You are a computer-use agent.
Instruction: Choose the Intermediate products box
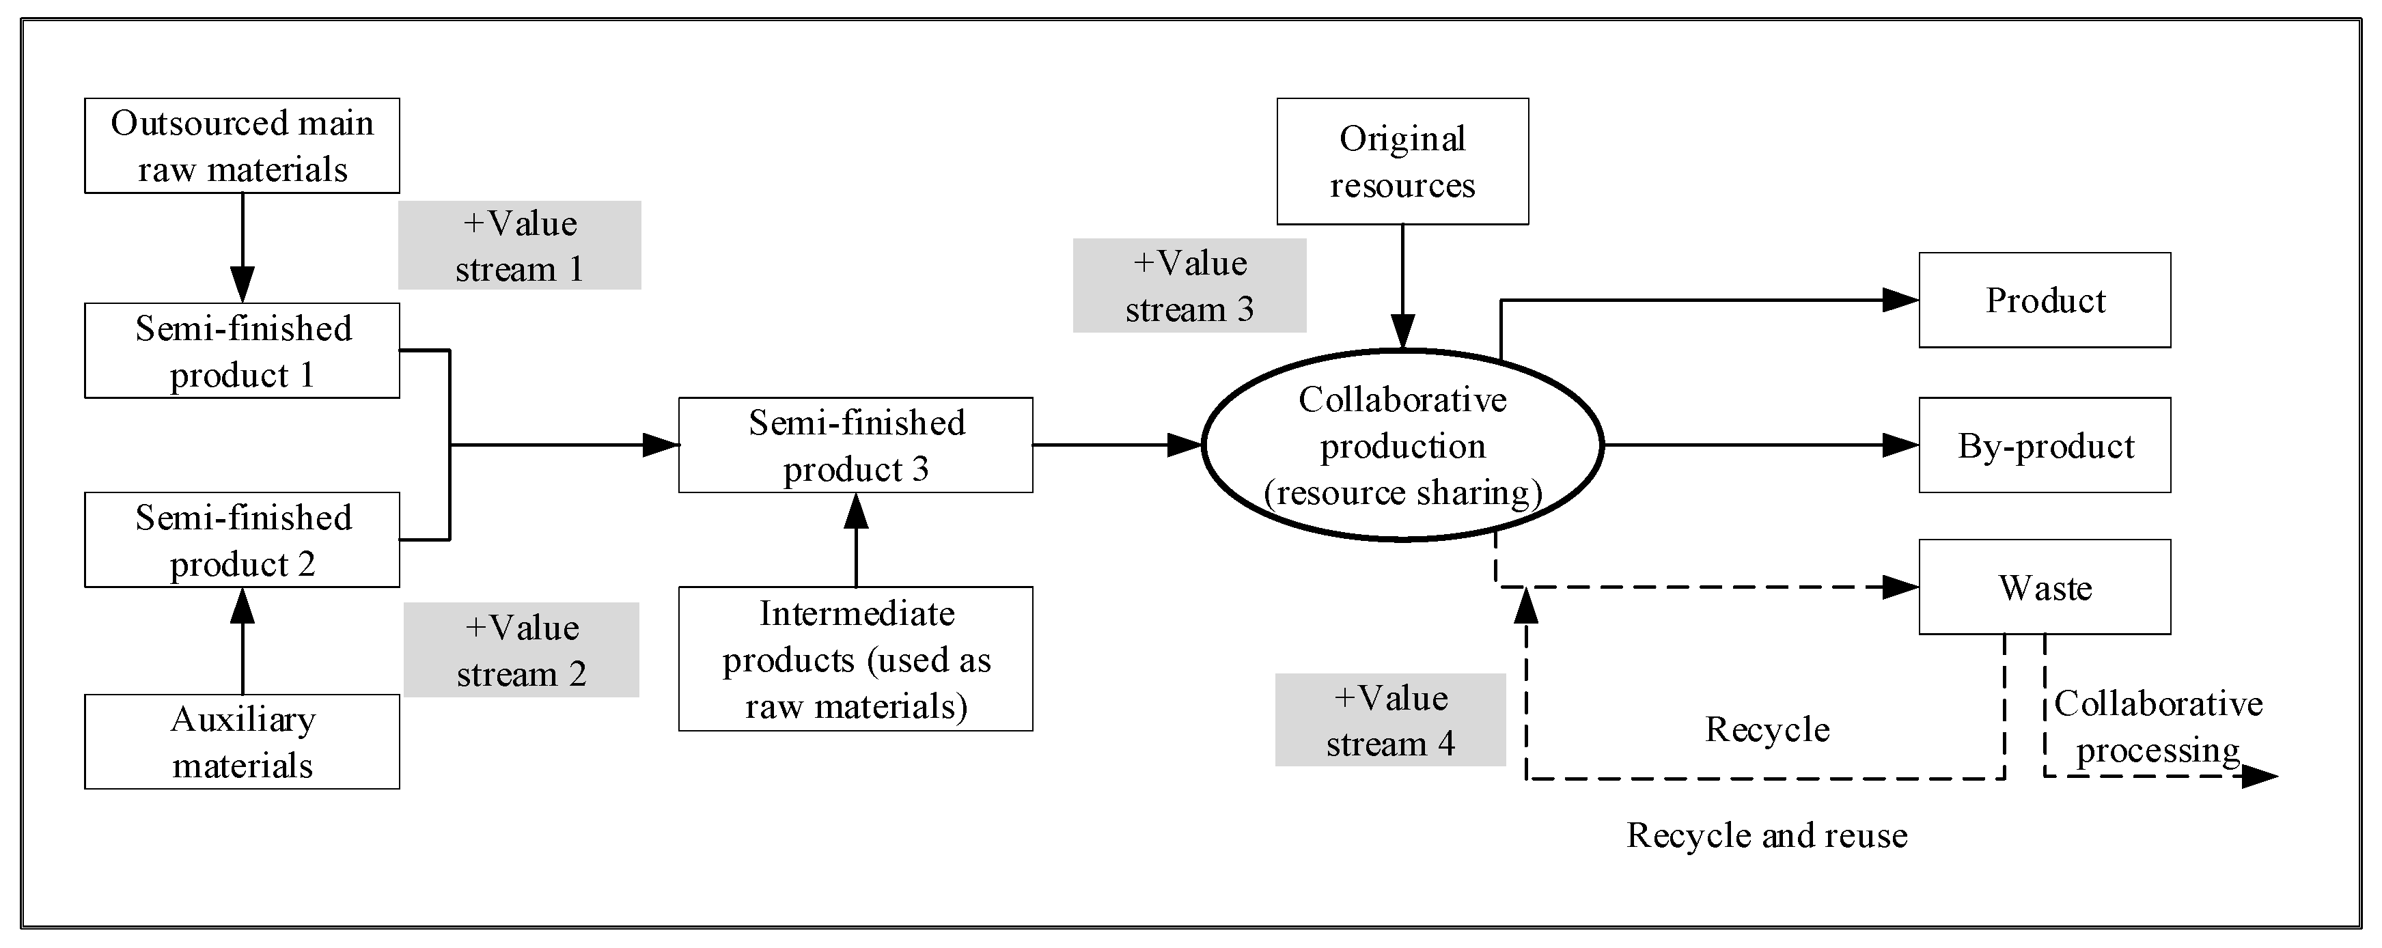click(855, 658)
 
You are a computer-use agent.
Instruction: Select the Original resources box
click(1402, 161)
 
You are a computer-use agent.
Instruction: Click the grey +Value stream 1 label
click(520, 245)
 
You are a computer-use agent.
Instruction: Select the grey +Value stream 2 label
click(521, 650)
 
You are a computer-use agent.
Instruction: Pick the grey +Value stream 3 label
click(1189, 285)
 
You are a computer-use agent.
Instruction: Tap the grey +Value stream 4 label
click(1390, 720)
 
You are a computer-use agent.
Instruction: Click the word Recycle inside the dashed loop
click(1767, 729)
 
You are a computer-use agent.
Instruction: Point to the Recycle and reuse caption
click(1767, 835)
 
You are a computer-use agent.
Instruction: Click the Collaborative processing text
click(2158, 727)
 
